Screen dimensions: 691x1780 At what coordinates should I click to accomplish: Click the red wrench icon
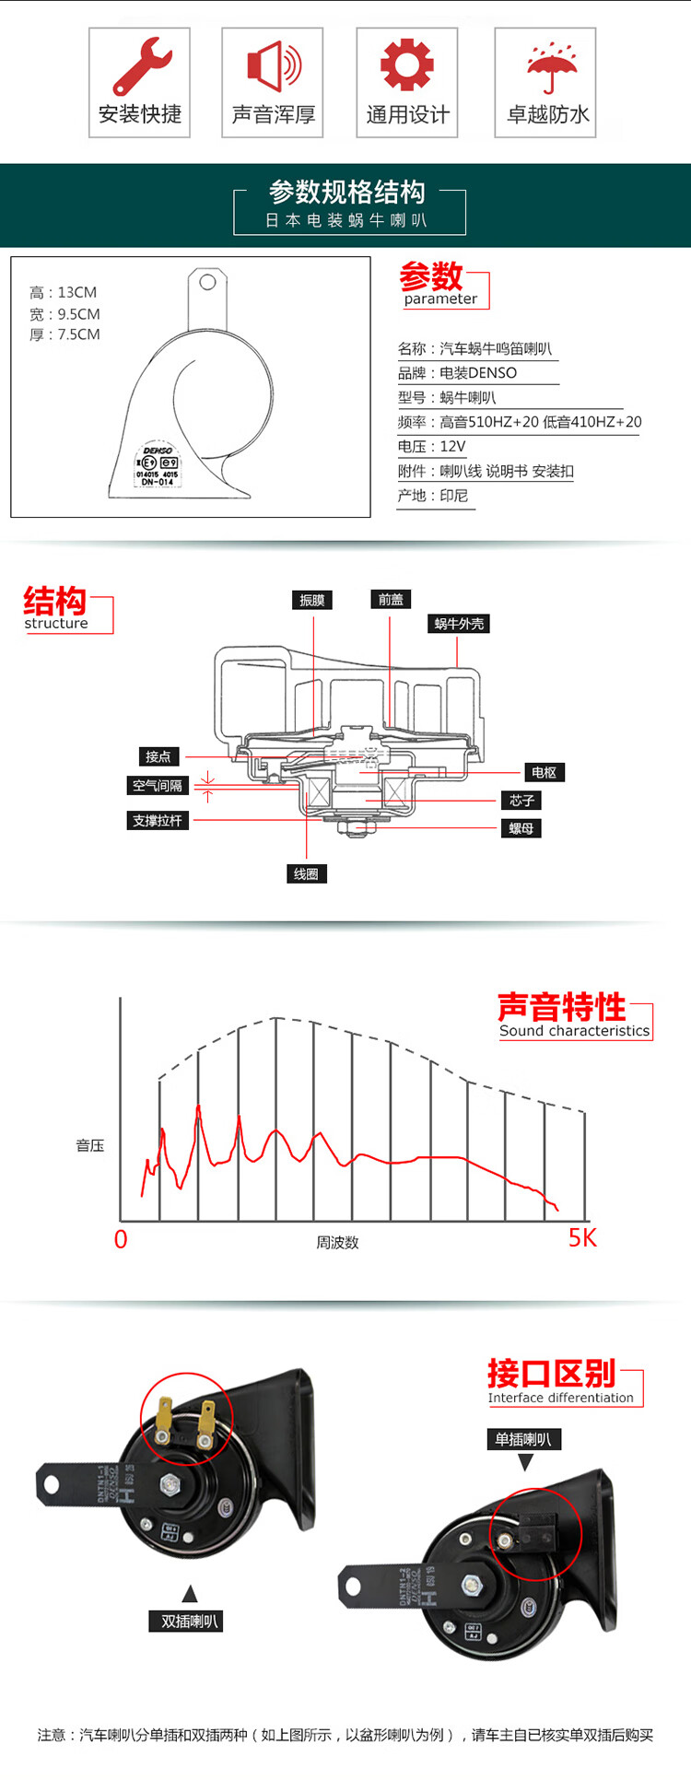pos(141,65)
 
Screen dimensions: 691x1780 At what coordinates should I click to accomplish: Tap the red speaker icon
pos(273,65)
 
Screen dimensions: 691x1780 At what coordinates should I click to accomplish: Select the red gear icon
pos(406,64)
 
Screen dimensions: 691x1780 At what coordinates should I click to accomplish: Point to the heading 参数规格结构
pos(347,192)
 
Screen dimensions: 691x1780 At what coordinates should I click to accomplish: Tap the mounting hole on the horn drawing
pos(208,282)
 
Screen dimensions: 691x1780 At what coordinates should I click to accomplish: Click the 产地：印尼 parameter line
pos(433,496)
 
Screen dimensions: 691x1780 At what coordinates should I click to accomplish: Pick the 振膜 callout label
pos(312,600)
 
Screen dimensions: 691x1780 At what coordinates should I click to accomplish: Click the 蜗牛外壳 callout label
pos(459,624)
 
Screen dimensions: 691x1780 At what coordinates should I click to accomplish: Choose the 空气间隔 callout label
pos(158,786)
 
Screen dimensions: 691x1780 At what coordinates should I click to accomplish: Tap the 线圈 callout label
pos(306,873)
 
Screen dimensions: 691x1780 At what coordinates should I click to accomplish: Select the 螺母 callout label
pos(521,828)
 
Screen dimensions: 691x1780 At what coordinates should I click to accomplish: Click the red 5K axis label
pos(582,1237)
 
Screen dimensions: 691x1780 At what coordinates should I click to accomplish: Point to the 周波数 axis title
pos(337,1242)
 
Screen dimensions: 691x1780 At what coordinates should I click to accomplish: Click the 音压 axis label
pos(90,1145)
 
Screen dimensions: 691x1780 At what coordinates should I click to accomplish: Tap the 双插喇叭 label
pos(190,1622)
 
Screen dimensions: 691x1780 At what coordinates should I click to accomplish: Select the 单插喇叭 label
pos(523,1439)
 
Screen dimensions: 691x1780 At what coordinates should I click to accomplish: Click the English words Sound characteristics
pos(574,1031)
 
